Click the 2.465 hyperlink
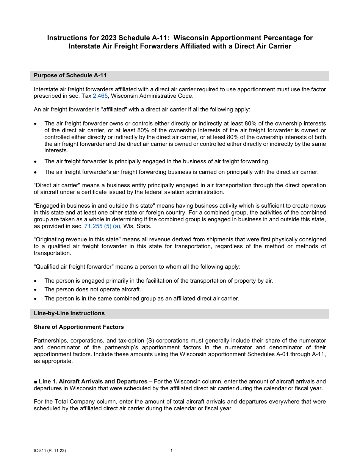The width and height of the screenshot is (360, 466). (x=100, y=96)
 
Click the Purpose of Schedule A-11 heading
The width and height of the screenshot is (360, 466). (x=70, y=75)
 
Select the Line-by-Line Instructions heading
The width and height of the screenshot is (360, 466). (x=69, y=313)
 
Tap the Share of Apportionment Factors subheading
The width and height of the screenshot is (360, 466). (x=78, y=327)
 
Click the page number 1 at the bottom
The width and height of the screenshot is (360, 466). (x=171, y=451)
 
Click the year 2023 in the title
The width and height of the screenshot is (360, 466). (x=108, y=38)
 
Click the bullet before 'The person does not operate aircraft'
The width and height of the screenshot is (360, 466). (x=36, y=290)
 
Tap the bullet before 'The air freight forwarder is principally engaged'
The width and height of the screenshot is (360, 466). (x=36, y=162)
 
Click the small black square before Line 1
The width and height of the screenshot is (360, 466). (x=35, y=382)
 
